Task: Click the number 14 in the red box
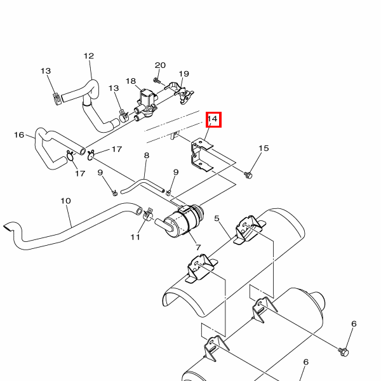pyautogui.click(x=212, y=119)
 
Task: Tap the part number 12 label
pyautogui.click(x=89, y=56)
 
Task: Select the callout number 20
pyautogui.click(x=160, y=65)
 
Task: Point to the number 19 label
pyautogui.click(x=184, y=74)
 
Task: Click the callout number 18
pyautogui.click(x=131, y=81)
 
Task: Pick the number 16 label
pyautogui.click(x=19, y=135)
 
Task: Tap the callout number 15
pyautogui.click(x=264, y=148)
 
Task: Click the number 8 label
pyautogui.click(x=147, y=156)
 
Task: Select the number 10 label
pyautogui.click(x=65, y=201)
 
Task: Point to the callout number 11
pyautogui.click(x=135, y=237)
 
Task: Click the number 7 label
pyautogui.click(x=198, y=248)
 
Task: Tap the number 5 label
pyautogui.click(x=217, y=218)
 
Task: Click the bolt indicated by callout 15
pyautogui.click(x=248, y=175)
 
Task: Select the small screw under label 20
pyautogui.click(x=157, y=80)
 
